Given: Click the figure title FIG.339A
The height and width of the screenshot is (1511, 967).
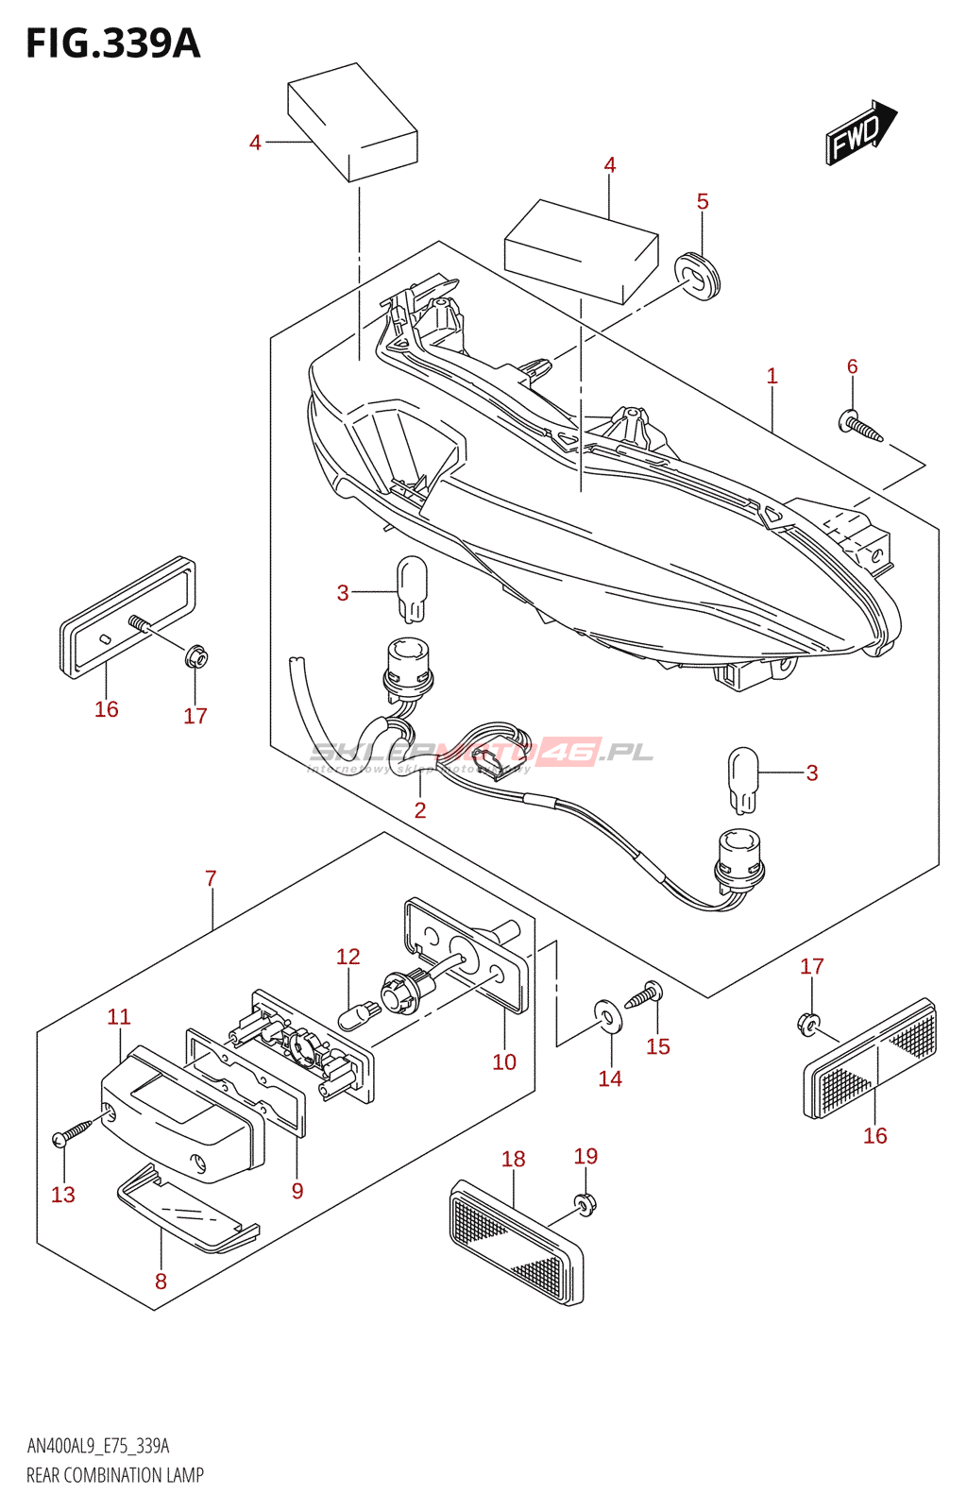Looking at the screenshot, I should click(x=112, y=43).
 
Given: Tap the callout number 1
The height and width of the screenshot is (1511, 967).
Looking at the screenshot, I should click(x=772, y=376).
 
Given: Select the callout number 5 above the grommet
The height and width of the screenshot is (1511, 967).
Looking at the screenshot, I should click(x=703, y=201).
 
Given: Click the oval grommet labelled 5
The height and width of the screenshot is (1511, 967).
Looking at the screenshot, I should click(x=698, y=275).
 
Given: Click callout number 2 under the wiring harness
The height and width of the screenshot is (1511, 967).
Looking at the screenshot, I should click(x=420, y=809).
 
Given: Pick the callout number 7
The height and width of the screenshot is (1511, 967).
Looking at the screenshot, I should click(x=211, y=878).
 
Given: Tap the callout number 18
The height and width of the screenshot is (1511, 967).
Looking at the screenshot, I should click(x=514, y=1159).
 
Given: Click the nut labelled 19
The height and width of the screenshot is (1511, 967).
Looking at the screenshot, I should click(x=585, y=1202).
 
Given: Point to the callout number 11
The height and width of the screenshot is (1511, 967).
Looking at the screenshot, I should click(x=118, y=1017).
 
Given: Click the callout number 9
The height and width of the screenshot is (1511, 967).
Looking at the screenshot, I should click(x=297, y=1191).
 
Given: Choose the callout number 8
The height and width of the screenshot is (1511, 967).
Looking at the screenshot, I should click(x=161, y=1282).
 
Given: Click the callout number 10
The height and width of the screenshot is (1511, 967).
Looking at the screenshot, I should click(x=504, y=1061).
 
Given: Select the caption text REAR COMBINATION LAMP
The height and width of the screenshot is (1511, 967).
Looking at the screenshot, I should click(x=115, y=1475).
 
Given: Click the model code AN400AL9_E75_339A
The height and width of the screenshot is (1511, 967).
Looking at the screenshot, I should click(x=98, y=1446).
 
